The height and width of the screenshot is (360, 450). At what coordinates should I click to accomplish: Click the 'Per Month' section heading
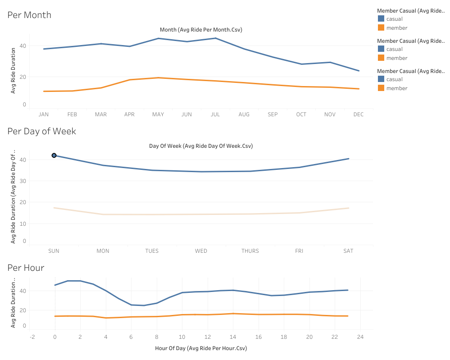[x=29, y=15]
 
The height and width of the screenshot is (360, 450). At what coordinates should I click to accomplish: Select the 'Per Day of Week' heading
[x=42, y=131]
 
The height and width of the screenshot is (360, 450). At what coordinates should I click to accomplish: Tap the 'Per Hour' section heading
[x=26, y=268]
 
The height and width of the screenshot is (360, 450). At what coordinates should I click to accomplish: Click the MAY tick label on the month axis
[x=158, y=114]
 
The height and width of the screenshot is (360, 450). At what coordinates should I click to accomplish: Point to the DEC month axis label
[x=358, y=114]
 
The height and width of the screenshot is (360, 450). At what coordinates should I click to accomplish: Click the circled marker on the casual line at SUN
[x=54, y=155]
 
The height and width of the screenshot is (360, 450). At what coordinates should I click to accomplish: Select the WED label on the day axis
[x=201, y=251]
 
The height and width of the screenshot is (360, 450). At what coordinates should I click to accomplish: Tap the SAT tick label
[x=348, y=251]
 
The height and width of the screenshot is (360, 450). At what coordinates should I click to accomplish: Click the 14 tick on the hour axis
[x=233, y=337]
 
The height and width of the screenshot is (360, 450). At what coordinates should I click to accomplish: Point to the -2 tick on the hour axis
[x=32, y=337]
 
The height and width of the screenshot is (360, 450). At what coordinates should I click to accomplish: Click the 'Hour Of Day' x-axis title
[x=201, y=348]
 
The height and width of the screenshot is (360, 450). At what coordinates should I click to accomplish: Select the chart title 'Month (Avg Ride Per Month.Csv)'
[x=201, y=30]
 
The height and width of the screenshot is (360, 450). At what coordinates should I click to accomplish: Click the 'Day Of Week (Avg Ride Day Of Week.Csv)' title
[x=201, y=146]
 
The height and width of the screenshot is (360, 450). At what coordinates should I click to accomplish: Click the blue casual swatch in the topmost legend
[x=381, y=19]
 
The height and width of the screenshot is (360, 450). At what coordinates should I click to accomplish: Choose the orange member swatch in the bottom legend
[x=381, y=88]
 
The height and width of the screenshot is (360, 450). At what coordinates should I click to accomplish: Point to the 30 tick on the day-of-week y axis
[x=23, y=181]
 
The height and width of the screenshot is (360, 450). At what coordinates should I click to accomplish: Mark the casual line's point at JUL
[x=215, y=38]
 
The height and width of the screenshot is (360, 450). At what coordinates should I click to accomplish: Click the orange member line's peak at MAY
[x=158, y=78]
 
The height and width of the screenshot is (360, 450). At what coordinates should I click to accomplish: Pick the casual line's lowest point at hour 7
[x=144, y=305]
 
